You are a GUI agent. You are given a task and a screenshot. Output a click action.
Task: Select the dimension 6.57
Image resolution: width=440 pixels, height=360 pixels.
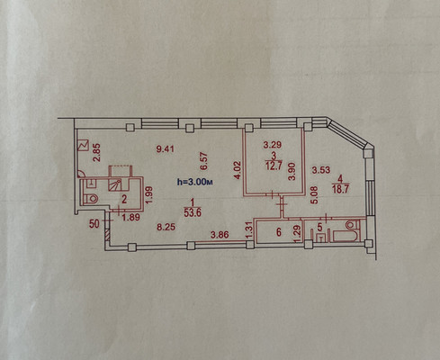pyautogui.click(x=203, y=161)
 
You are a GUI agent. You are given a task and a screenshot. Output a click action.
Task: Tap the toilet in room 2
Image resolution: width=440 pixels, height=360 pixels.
pyautogui.click(x=90, y=195)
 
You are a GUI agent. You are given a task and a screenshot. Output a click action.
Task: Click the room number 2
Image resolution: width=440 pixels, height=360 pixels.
pyautogui.click(x=125, y=198)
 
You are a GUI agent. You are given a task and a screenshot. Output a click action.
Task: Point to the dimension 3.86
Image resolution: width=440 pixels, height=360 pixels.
pyautogui.click(x=219, y=236)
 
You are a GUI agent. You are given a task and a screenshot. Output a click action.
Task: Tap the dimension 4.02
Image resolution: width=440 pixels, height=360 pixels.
pyautogui.click(x=238, y=172)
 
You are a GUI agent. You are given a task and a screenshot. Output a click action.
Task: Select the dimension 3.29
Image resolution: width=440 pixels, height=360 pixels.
pyautogui.click(x=272, y=145)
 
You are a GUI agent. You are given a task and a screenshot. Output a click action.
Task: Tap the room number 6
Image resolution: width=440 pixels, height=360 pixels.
pyautogui.click(x=278, y=232)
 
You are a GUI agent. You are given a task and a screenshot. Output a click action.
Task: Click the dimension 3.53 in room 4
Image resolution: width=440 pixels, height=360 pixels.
pyautogui.click(x=321, y=169)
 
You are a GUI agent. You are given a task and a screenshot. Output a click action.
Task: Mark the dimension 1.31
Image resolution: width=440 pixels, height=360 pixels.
pyautogui.click(x=247, y=229)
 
